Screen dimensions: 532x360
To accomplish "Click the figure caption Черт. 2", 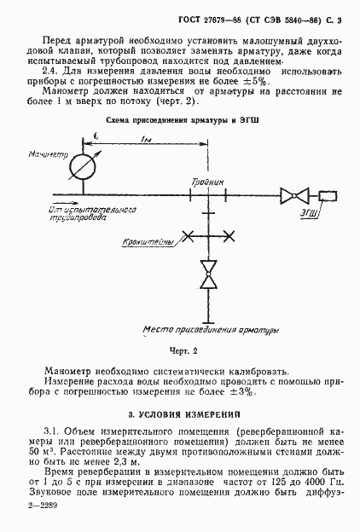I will (x=184, y=350).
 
